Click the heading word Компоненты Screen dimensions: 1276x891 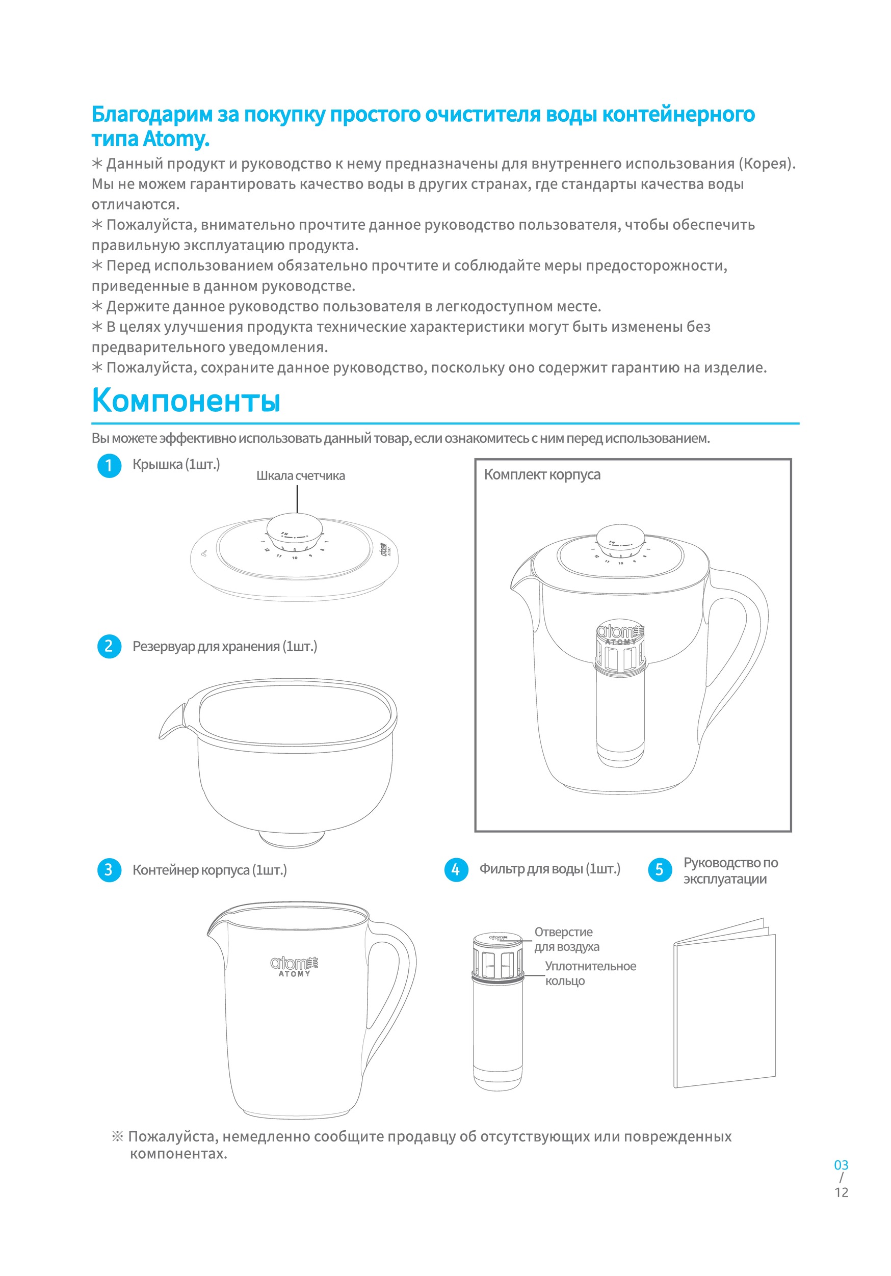point(186,401)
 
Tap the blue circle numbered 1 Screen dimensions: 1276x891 point(109,466)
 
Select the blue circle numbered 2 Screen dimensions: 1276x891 point(109,646)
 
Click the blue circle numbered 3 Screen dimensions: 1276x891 point(109,870)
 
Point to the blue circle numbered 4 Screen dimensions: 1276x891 point(456,870)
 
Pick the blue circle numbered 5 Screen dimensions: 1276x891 point(659,870)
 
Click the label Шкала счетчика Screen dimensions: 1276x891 point(300,476)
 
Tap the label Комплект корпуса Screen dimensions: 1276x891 point(542,474)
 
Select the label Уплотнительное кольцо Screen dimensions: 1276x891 point(590,973)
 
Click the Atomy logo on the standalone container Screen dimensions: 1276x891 point(294,966)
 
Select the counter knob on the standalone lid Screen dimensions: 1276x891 point(295,531)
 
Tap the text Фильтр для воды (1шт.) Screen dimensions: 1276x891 point(549,869)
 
